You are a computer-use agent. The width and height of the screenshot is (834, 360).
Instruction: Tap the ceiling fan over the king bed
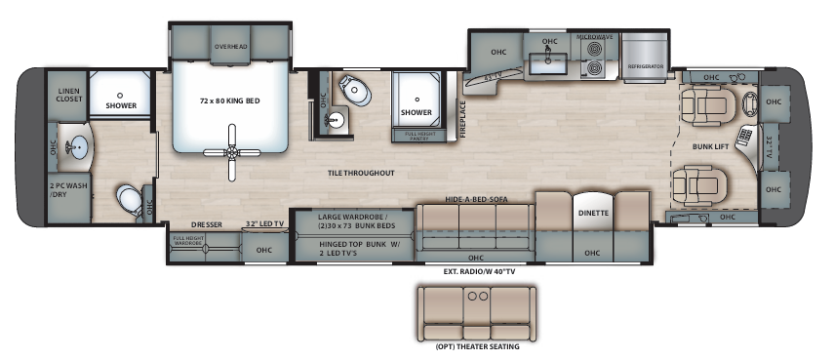click(231, 149)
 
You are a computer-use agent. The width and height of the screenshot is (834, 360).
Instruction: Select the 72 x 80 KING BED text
click(231, 101)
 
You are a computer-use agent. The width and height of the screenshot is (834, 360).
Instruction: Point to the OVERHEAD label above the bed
click(231, 46)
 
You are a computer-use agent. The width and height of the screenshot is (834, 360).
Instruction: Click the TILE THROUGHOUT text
click(360, 173)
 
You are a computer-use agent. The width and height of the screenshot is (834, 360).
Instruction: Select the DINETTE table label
click(593, 212)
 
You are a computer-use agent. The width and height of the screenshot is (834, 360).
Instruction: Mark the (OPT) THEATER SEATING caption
click(477, 346)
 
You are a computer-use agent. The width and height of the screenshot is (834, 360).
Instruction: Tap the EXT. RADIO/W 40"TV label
click(477, 269)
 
